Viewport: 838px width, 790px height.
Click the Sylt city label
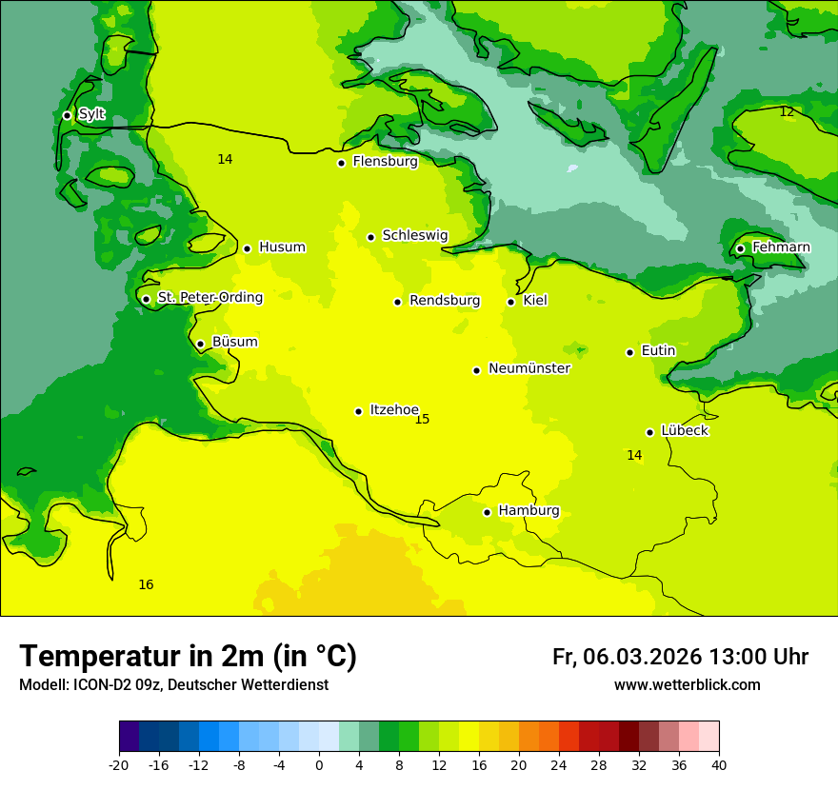[91, 114]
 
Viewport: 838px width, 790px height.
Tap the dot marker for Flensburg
[341, 163]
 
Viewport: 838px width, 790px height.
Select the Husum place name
[282, 247]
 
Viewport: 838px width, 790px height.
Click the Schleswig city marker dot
[370, 237]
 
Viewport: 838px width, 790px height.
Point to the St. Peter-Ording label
[209, 298]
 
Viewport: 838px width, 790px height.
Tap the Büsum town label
[234, 343]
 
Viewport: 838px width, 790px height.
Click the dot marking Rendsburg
[397, 302]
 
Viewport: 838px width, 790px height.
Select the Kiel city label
[535, 301]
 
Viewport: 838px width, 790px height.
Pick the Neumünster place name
[529, 368]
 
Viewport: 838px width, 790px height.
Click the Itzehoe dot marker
[358, 411]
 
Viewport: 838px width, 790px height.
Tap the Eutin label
[658, 351]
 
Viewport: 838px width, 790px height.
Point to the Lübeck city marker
[649, 432]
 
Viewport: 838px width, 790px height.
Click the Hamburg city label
[529, 511]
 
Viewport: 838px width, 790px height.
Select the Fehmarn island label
[781, 247]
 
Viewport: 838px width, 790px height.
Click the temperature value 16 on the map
[146, 585]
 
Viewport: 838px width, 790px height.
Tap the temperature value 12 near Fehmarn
[787, 112]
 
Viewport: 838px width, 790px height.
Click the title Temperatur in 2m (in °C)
[188, 657]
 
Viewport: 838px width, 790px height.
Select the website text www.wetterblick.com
[687, 685]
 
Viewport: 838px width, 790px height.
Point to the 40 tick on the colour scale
[719, 765]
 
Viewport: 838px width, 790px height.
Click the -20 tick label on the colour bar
[119, 765]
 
